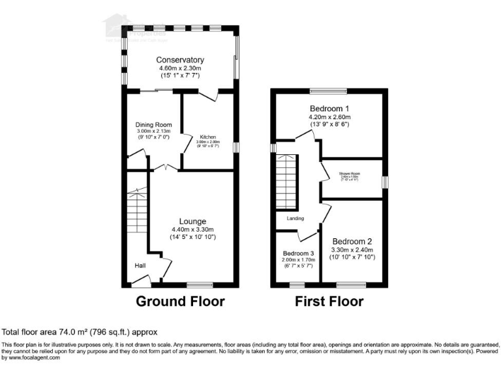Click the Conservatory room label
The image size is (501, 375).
coord(180,60)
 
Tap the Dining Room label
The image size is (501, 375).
coord(153,124)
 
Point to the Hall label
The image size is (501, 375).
coord(140,266)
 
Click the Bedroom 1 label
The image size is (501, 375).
coord(329,109)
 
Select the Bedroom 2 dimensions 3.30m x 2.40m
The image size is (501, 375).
coord(353,249)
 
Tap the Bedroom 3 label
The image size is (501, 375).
coord(298,253)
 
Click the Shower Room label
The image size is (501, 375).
coord(350,173)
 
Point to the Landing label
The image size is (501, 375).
coord(296,219)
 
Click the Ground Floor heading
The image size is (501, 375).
coord(180,301)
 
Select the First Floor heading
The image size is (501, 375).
coord(329,301)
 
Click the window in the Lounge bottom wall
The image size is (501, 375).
coord(200,285)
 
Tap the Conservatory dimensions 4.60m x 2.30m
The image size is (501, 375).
coord(180,68)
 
